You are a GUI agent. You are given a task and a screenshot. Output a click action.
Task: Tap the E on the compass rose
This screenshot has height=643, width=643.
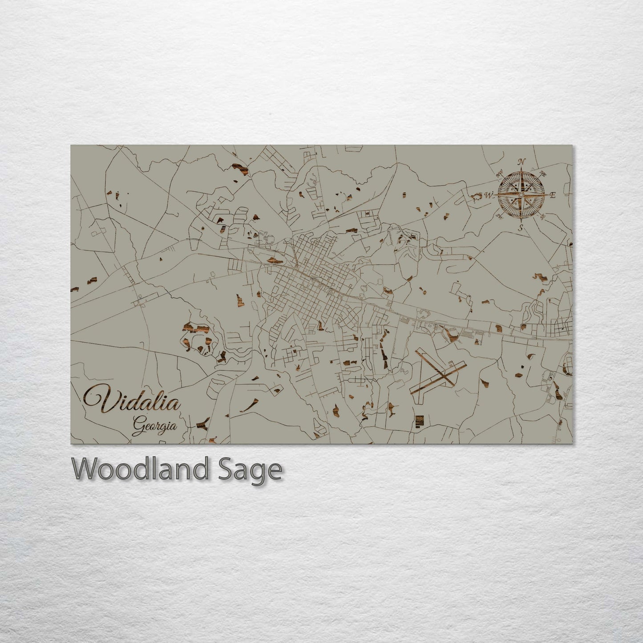(x=553, y=195)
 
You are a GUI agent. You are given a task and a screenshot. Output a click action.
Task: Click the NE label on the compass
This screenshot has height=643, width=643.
(x=542, y=174)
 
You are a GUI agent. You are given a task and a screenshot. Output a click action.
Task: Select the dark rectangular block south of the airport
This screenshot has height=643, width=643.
(x=418, y=420)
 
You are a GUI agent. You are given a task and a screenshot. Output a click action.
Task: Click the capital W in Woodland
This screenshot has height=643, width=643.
(x=86, y=469)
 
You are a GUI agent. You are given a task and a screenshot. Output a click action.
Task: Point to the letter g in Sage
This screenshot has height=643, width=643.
(x=261, y=473)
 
